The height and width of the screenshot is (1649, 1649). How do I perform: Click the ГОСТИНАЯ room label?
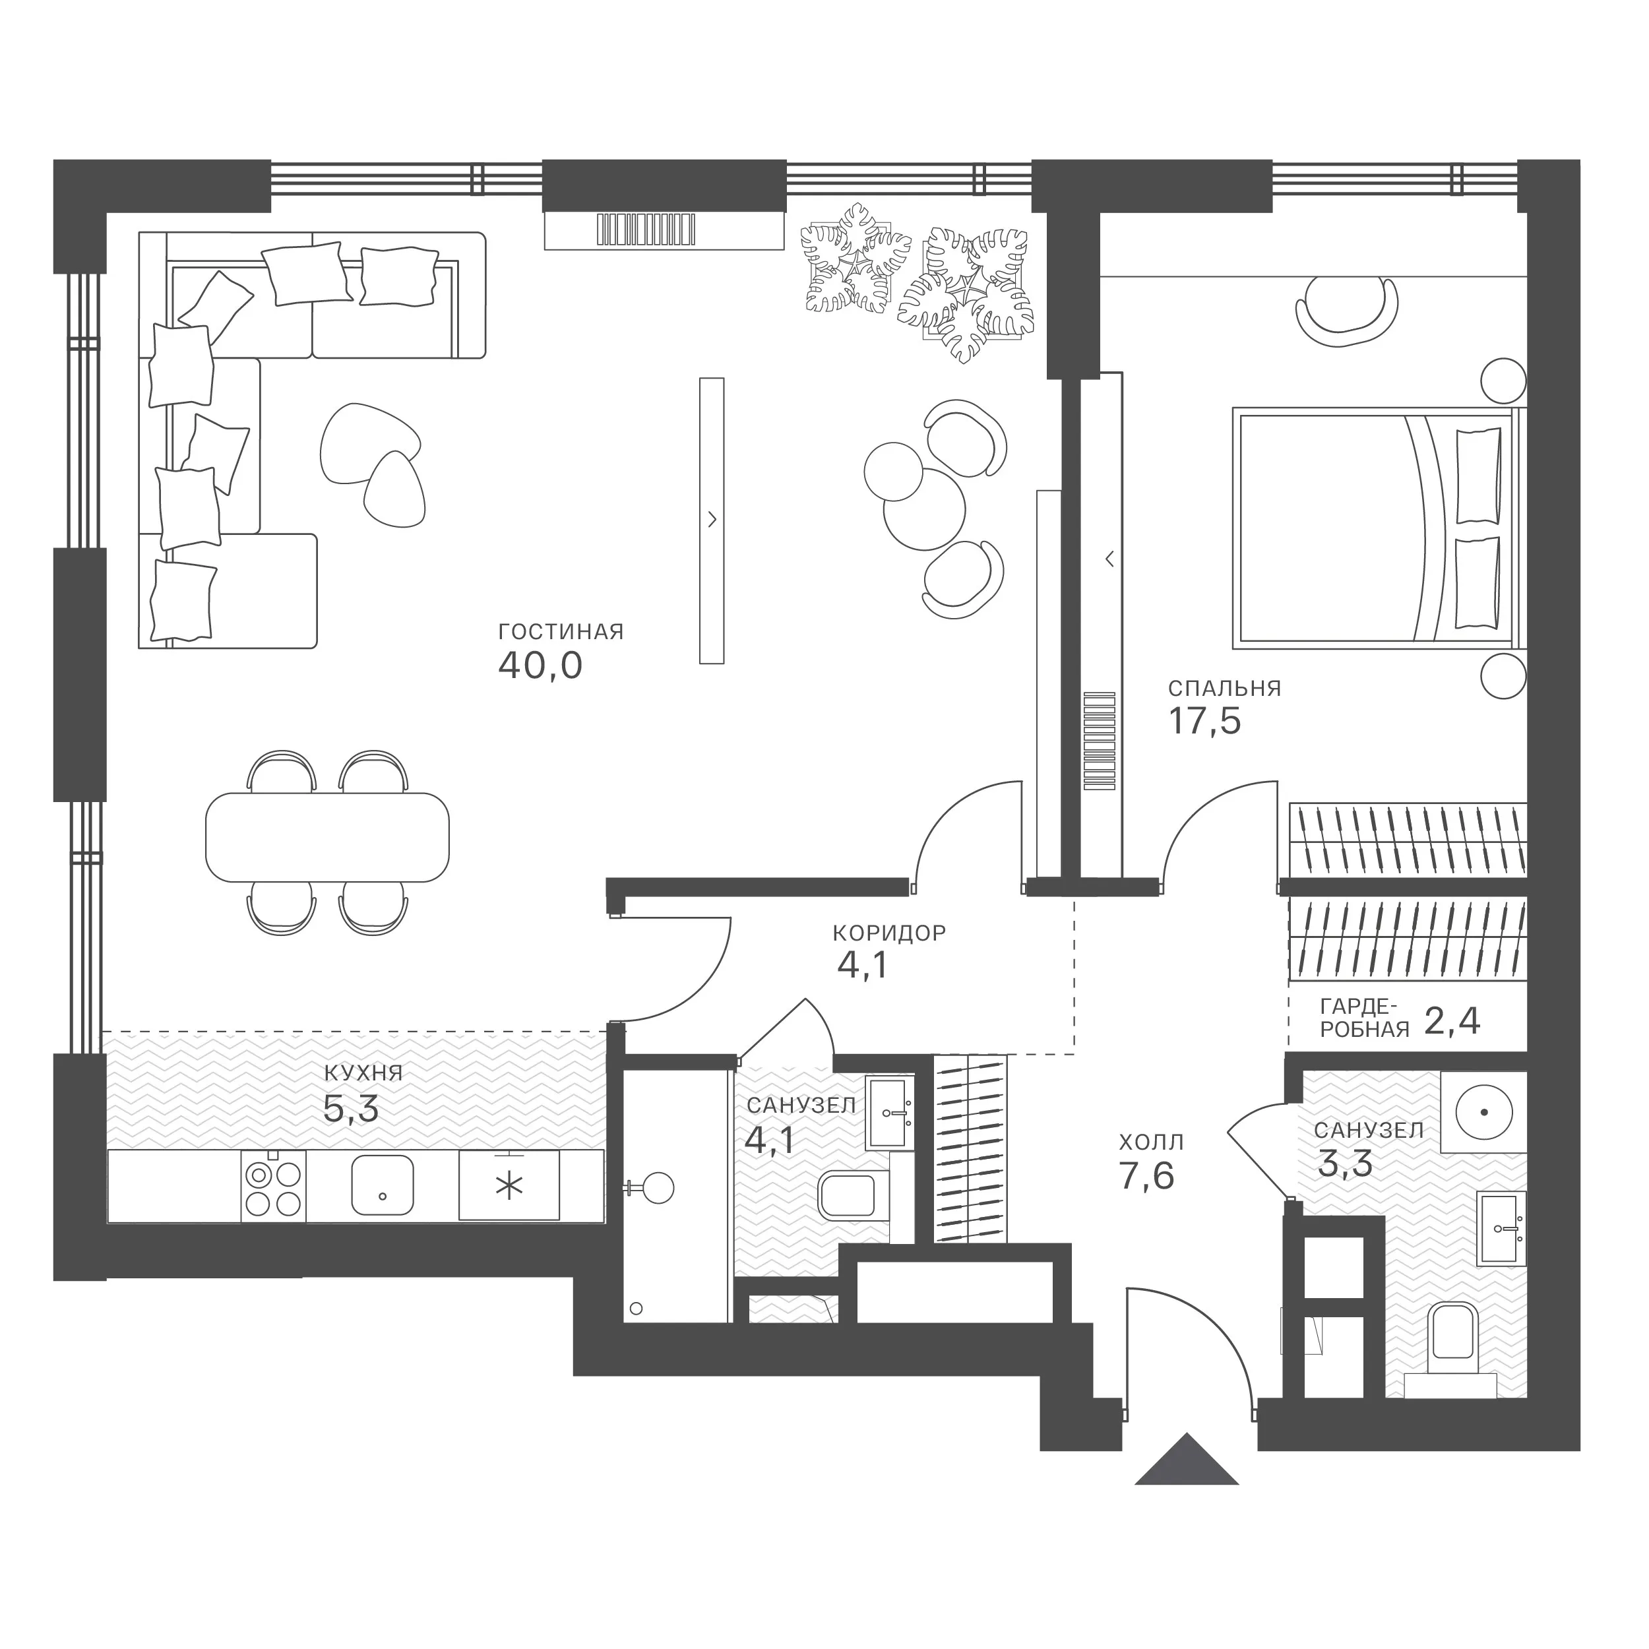(561, 633)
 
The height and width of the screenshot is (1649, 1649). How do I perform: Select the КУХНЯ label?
(363, 1073)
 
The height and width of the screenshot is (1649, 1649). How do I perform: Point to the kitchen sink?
(383, 1185)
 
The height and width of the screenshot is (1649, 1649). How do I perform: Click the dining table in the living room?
(327, 837)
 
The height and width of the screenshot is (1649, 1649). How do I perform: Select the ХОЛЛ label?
(1152, 1142)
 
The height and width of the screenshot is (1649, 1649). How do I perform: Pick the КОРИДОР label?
(889, 933)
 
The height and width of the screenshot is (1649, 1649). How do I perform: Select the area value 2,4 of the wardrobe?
(1452, 1022)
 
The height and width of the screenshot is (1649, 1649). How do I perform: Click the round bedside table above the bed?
(1503, 380)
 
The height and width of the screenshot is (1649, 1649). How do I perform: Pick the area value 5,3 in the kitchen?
(351, 1109)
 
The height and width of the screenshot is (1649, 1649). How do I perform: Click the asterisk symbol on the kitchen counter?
(510, 1187)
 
